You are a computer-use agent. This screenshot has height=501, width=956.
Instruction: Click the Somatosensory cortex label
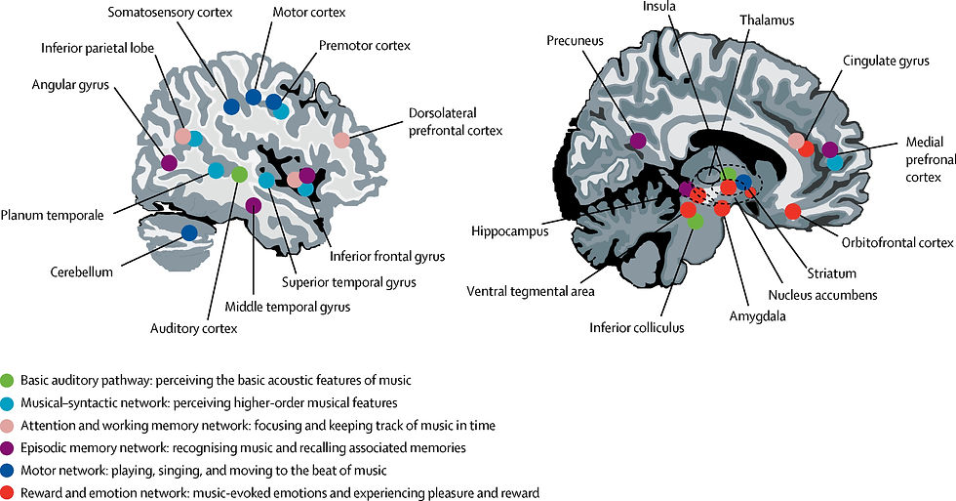tap(170, 12)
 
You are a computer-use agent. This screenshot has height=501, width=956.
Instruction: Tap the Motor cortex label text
tap(309, 12)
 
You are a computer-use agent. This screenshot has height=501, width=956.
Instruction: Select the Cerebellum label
tap(82, 272)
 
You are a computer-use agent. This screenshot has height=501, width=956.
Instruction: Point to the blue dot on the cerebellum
tap(189, 232)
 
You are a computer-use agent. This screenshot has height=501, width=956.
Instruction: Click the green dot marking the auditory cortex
tap(240, 175)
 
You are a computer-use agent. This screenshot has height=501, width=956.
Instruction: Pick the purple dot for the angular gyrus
tap(169, 163)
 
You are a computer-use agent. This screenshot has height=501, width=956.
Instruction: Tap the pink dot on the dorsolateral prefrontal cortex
tap(342, 141)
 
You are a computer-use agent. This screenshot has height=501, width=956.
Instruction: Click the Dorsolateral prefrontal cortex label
tap(456, 122)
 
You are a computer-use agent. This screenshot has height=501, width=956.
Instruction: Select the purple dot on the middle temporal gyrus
tap(254, 206)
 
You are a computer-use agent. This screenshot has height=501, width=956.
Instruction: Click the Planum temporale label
tap(52, 215)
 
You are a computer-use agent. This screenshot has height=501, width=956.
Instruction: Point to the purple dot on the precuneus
tap(638, 141)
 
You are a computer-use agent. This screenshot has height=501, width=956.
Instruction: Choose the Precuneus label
tap(575, 41)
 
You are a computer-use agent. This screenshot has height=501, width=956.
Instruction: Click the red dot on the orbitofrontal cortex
tap(792, 212)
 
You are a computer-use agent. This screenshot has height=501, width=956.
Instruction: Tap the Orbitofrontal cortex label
tap(897, 243)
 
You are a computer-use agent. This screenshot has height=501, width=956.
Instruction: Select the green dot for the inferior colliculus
tap(695, 222)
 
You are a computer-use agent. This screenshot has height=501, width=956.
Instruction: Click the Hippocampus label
tap(509, 231)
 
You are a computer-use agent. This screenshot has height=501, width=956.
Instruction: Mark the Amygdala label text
tap(757, 316)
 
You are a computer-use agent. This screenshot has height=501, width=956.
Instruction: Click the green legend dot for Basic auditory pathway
tap(8, 381)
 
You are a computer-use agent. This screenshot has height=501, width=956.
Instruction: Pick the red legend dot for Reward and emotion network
tap(8, 493)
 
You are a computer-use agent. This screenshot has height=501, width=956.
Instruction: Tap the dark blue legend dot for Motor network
tap(8, 471)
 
